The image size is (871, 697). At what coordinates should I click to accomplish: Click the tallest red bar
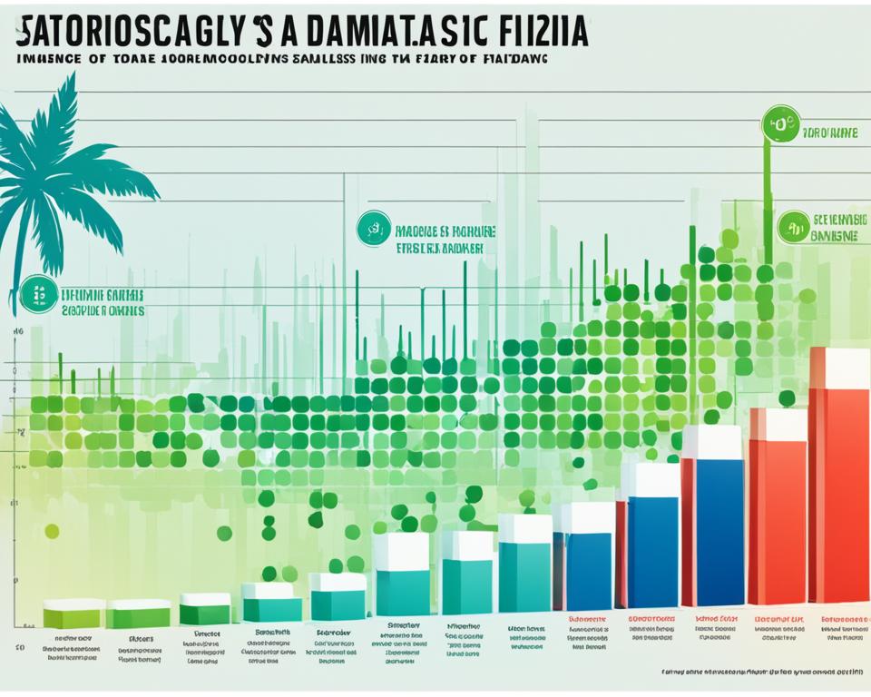[x=838, y=490]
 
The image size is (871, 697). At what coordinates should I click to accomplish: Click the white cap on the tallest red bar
[x=840, y=367]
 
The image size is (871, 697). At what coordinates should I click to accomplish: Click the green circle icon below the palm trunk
[x=38, y=294]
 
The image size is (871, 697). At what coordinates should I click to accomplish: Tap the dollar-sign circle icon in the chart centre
[x=373, y=228]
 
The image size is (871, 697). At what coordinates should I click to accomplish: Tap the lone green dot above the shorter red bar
[x=787, y=398]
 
